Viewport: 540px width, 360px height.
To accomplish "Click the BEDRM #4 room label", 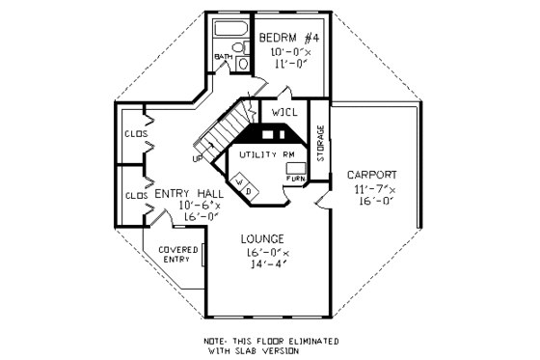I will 289,38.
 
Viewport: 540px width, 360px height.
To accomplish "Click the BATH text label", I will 224,57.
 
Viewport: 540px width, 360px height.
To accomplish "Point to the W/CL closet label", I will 284,113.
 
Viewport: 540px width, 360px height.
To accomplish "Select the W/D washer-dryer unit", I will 245,185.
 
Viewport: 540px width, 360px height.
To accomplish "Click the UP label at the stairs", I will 198,157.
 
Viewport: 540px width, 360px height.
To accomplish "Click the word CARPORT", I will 371,175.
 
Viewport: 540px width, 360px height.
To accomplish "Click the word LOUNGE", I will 262,238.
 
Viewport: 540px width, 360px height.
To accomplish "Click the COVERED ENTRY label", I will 178,255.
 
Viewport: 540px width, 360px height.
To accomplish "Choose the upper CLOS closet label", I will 134,134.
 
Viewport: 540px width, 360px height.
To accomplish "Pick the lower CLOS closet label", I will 134,195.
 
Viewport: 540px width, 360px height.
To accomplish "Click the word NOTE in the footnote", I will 216,342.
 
